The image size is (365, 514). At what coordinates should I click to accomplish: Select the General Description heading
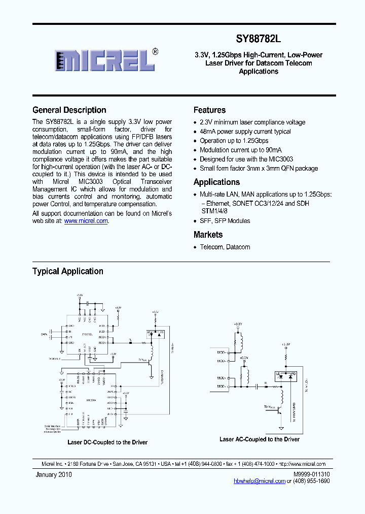pyautogui.click(x=69, y=110)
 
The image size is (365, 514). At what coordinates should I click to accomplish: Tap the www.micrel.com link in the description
pyautogui.click(x=86, y=221)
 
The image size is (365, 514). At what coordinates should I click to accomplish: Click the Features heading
pyautogui.click(x=209, y=110)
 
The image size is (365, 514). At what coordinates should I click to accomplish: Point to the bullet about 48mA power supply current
pyautogui.click(x=245, y=132)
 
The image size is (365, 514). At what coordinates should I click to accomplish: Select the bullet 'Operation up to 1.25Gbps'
pyautogui.click(x=234, y=141)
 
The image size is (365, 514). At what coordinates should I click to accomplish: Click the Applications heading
pyautogui.click(x=216, y=182)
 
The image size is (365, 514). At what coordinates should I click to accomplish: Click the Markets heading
pyautogui.click(x=208, y=235)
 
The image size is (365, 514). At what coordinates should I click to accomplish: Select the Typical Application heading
pyautogui.click(x=68, y=271)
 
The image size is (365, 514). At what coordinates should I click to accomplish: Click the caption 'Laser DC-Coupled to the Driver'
pyautogui.click(x=107, y=442)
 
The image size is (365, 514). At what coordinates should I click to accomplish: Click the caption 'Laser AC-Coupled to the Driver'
pyautogui.click(x=260, y=439)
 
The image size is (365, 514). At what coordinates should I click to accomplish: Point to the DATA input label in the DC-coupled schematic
pyautogui.click(x=44, y=334)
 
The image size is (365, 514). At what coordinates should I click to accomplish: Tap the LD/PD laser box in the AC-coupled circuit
pyautogui.click(x=285, y=376)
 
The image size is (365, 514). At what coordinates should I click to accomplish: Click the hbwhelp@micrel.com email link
pyautogui.click(x=260, y=481)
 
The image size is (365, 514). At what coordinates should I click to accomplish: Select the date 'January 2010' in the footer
pyautogui.click(x=54, y=474)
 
